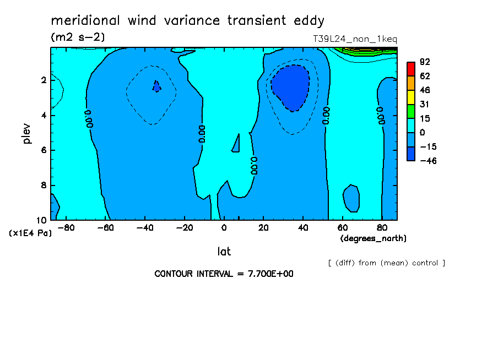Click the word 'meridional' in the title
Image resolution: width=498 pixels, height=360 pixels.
point(85,20)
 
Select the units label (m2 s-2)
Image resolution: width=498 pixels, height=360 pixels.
point(78,37)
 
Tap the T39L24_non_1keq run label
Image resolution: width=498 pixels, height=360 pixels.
point(355,39)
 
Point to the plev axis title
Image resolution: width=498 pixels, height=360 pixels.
point(26,134)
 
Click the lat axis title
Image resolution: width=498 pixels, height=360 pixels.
point(224,252)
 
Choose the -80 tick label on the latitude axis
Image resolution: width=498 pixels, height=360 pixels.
point(66,228)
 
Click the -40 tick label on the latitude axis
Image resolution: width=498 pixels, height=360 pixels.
point(145,228)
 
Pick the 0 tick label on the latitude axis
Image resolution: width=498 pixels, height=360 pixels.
point(224,228)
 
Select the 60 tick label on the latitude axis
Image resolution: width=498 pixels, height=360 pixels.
point(343,228)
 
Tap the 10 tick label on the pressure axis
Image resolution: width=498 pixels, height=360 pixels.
point(42,220)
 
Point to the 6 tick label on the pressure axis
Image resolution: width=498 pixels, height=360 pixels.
point(44,150)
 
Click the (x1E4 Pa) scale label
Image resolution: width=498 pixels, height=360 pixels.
point(30,233)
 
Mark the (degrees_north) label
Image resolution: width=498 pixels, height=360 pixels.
point(373,238)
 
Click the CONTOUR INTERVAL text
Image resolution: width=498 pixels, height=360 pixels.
point(224,274)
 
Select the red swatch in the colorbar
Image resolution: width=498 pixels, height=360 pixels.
point(411,69)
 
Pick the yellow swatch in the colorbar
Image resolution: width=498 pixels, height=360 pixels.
point(411,97)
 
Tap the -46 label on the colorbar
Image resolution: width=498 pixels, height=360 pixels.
point(428,161)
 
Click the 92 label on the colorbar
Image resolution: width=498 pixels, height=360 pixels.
point(425,62)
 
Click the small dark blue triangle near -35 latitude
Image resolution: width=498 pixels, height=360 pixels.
point(156,86)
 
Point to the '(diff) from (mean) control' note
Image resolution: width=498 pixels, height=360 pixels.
point(387,263)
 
